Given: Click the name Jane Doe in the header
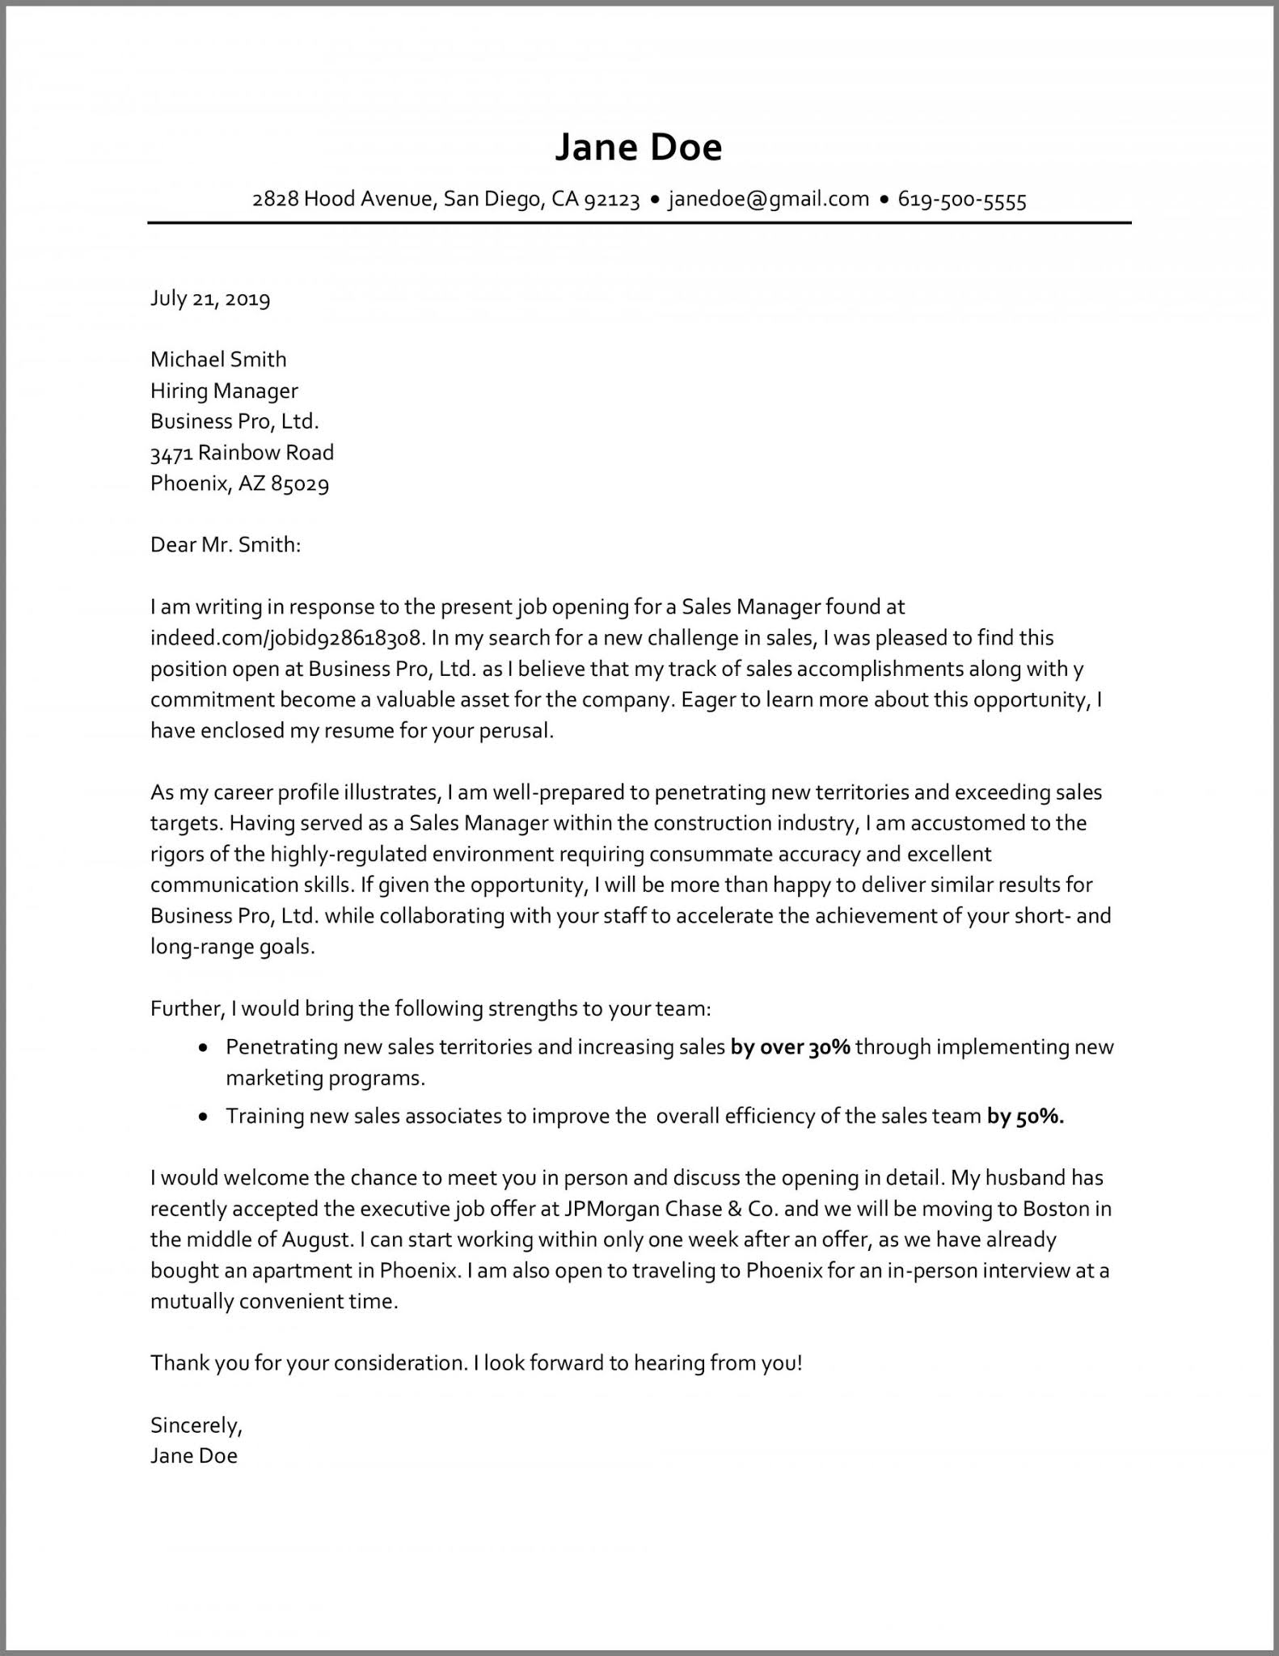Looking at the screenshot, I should tap(638, 147).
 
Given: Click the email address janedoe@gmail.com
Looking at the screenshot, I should tap(768, 199).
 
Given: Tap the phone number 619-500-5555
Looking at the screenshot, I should tap(962, 199).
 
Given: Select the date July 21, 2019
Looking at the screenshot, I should tap(210, 298).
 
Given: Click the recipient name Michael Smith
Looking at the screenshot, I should tap(218, 359).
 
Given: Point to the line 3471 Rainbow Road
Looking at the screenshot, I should tap(242, 452).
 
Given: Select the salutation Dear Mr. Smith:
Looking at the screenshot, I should tap(226, 544).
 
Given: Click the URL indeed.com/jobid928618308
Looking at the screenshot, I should tap(286, 638).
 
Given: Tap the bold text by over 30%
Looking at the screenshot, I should tap(790, 1047).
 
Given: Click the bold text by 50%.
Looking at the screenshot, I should tap(1025, 1117).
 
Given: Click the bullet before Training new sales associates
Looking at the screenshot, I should tap(205, 1117).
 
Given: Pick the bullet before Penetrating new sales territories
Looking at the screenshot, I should tap(205, 1048).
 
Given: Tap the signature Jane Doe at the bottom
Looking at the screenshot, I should tap(194, 1455).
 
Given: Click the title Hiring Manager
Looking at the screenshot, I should tap(224, 391).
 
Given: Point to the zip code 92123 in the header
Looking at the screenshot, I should tap(611, 199).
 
